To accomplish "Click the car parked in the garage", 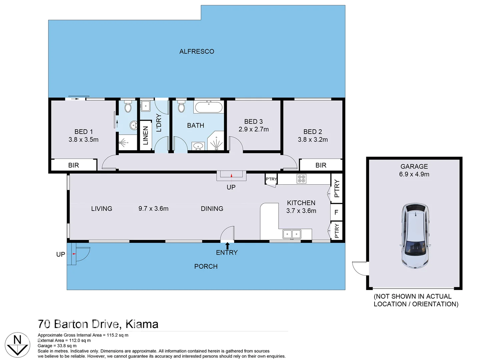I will click(x=415, y=236).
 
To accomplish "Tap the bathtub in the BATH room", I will click(x=209, y=107).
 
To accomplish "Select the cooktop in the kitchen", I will click(x=301, y=179).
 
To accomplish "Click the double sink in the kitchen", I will click(x=292, y=234).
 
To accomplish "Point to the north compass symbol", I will click(x=17, y=345).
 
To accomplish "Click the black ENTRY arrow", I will click(x=227, y=246).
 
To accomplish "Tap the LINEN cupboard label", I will click(x=145, y=136).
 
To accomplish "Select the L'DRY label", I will click(x=159, y=123).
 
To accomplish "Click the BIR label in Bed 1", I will click(x=73, y=165).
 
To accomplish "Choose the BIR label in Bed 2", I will click(x=321, y=165).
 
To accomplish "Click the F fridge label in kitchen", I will click(x=336, y=212).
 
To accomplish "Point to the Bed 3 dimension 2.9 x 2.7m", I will click(x=254, y=129).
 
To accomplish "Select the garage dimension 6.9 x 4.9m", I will click(x=414, y=174).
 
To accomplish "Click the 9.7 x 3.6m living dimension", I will click(x=153, y=209).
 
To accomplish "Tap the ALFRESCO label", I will click(x=197, y=52).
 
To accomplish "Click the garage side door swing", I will click(x=360, y=268).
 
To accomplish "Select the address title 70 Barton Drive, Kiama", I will click(x=98, y=324).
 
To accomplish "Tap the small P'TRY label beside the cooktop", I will click(x=271, y=179).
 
